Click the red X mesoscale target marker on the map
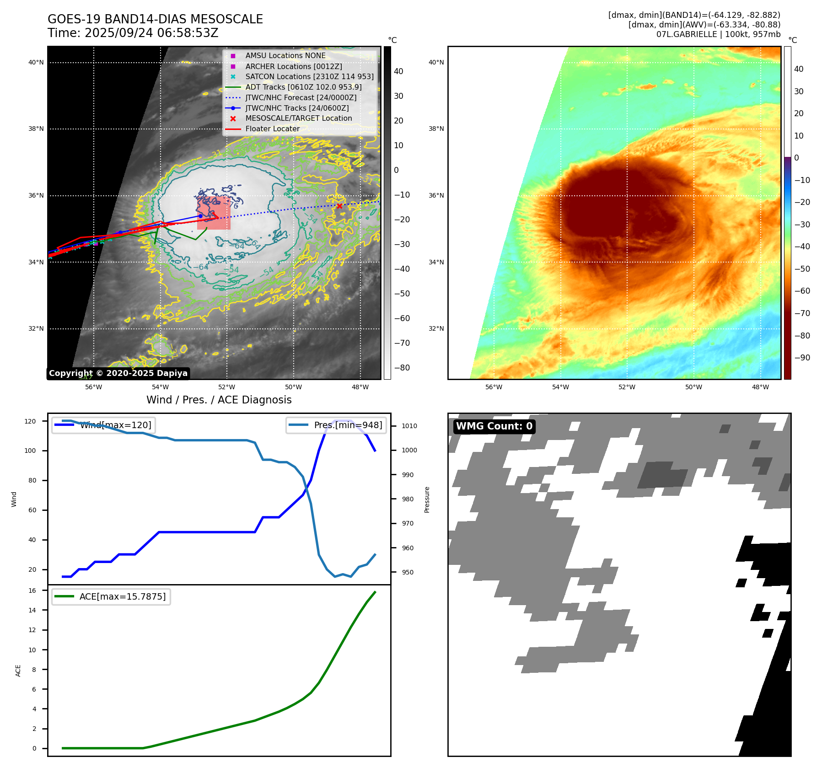(339, 206)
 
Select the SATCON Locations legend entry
(309, 77)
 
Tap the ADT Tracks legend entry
(303, 87)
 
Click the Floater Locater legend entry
(272, 129)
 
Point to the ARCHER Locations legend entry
(294, 66)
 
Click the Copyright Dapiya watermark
(118, 373)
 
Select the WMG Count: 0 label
(494, 426)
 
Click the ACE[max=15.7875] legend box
(111, 596)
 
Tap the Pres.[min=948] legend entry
(337, 425)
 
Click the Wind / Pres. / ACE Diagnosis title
(219, 400)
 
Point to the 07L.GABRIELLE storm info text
(718, 34)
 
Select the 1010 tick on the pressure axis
(409, 426)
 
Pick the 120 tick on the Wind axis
(30, 421)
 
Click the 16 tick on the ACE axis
(32, 590)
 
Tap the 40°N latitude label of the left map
(36, 63)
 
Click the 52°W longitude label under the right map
(627, 387)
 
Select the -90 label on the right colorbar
(802, 358)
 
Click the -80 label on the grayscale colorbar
(402, 368)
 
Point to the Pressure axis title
(427, 499)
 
